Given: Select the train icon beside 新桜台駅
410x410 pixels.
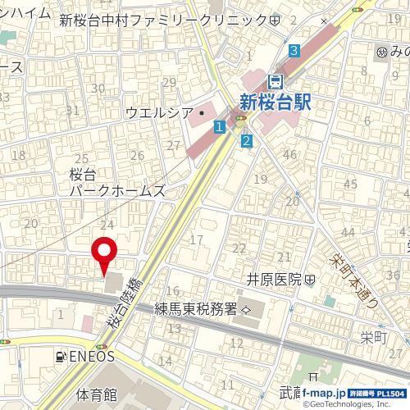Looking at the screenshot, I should (x=276, y=81).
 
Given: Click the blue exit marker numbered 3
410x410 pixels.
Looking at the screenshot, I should (x=294, y=51).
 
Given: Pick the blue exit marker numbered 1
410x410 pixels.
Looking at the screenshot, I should (x=219, y=127).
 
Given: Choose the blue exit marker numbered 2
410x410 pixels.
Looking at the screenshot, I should (x=246, y=141).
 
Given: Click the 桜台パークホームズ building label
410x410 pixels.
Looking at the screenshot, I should (x=118, y=182).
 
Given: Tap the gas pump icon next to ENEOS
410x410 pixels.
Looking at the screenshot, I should (x=60, y=357).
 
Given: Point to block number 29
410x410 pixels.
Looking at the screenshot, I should (x=170, y=82).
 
